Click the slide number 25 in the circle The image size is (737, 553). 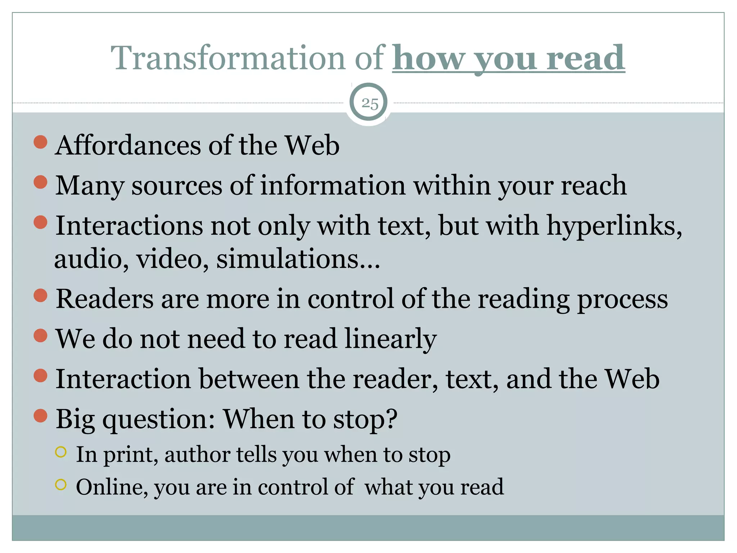coord(370,103)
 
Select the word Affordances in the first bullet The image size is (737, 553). coord(128,145)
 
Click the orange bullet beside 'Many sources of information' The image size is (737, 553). coord(41,182)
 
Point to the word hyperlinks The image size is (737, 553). coord(614,226)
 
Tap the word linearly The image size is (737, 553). coord(390,339)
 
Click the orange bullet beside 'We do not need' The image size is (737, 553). coord(41,336)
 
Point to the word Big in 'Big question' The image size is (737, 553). coord(75,419)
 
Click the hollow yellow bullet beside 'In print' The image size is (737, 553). coord(61,452)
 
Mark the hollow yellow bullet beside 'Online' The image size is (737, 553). coord(61,485)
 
